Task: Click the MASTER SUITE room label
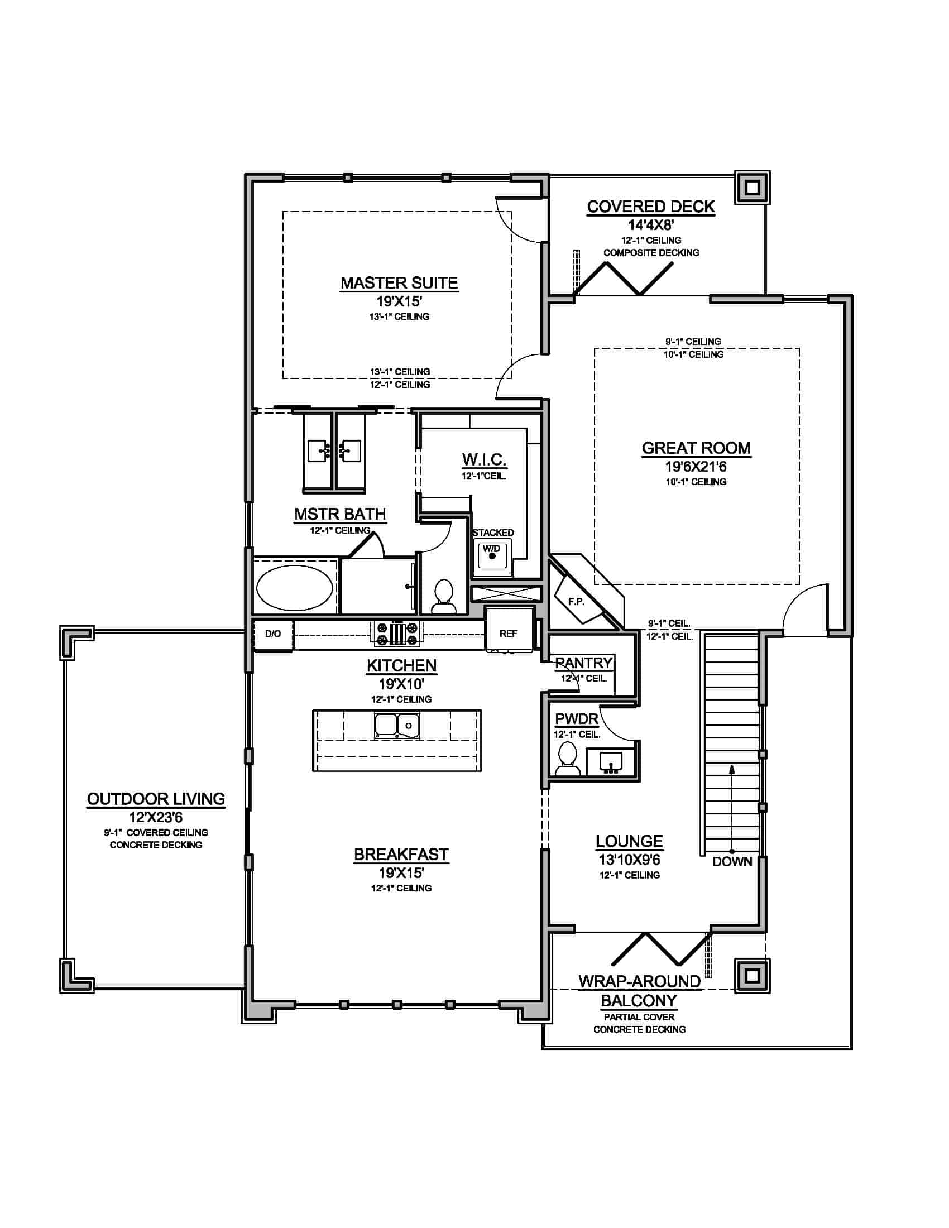coord(399,283)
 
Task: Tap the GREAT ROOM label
coord(696,448)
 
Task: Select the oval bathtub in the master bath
coord(295,588)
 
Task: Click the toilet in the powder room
coord(567,759)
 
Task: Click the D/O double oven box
coord(272,634)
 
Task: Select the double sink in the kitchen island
coord(397,725)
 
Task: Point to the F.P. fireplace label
coord(576,601)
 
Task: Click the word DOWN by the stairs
coord(732,862)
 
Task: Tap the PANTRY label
coord(583,664)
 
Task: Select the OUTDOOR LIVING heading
coord(156,799)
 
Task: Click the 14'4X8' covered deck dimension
coord(651,226)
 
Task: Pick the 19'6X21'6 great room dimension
coord(696,467)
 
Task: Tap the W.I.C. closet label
coord(484,459)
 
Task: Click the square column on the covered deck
coord(753,187)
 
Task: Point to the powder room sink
coord(611,762)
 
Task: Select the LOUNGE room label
coord(629,841)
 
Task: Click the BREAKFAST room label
coord(401,854)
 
